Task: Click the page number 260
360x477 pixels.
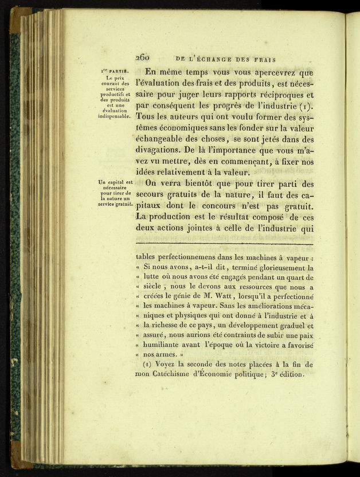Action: point(143,57)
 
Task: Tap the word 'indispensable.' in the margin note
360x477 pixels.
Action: point(115,116)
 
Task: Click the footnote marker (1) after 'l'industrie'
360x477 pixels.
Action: point(306,106)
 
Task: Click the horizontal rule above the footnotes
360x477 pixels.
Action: point(224,245)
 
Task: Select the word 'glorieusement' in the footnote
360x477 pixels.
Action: point(267,268)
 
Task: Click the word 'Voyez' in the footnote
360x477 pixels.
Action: point(163,365)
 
